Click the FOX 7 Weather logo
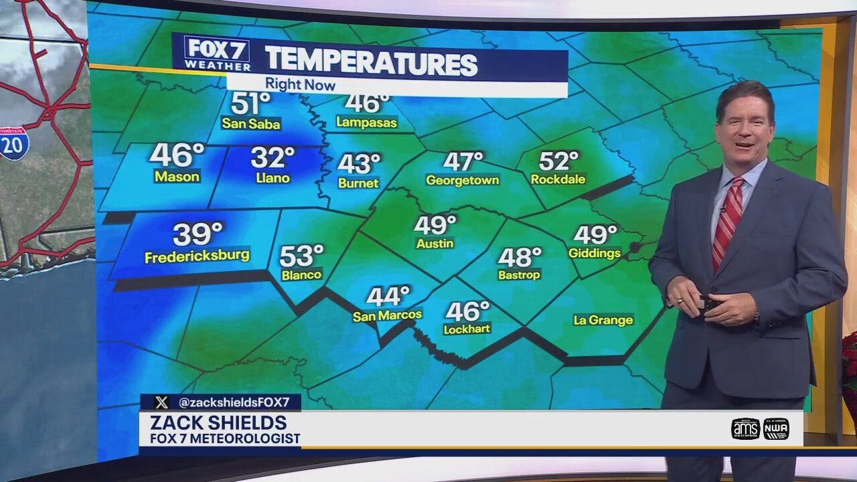coord(216,54)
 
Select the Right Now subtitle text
coord(300,85)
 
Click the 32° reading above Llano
coord(272,158)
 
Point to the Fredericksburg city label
coord(197,256)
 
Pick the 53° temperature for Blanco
coord(301,255)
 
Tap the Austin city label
coord(435,244)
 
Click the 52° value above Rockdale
coord(558,161)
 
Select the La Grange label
coord(603,320)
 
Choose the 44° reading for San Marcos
coord(388,295)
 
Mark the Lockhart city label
coord(467,329)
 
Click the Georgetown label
coord(463,180)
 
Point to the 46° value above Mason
coord(177,155)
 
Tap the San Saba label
coord(251,124)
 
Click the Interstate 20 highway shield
coord(13,143)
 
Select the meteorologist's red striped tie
coord(726,221)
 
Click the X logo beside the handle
coord(161,402)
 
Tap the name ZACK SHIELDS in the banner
coord(218,423)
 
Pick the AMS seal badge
coord(745,428)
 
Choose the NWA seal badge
coord(776,428)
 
